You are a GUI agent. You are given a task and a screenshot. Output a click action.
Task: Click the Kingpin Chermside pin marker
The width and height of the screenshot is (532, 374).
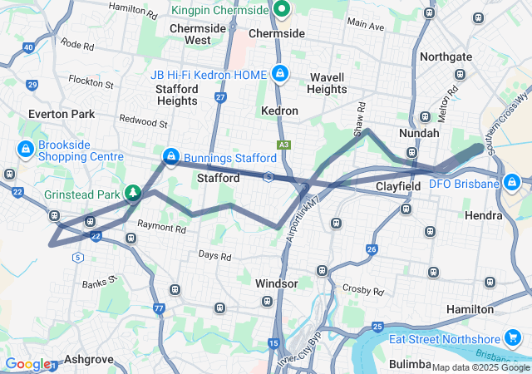pos(282,10)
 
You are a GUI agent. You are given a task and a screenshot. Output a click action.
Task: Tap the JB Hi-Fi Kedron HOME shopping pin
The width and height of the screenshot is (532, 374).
pos(280,73)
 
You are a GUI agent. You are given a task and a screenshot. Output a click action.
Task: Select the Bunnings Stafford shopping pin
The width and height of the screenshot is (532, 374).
pos(170,156)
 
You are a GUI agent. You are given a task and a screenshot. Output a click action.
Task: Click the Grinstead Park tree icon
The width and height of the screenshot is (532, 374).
pos(132,194)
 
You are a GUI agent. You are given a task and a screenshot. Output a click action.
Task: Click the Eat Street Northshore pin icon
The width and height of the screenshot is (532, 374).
pos(514,338)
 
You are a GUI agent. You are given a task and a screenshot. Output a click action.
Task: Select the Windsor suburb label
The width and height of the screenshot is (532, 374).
pos(276,283)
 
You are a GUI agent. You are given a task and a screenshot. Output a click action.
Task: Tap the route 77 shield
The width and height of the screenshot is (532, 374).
pos(158,308)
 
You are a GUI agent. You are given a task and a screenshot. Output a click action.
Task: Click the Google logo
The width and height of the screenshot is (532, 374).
pos(27,364)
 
